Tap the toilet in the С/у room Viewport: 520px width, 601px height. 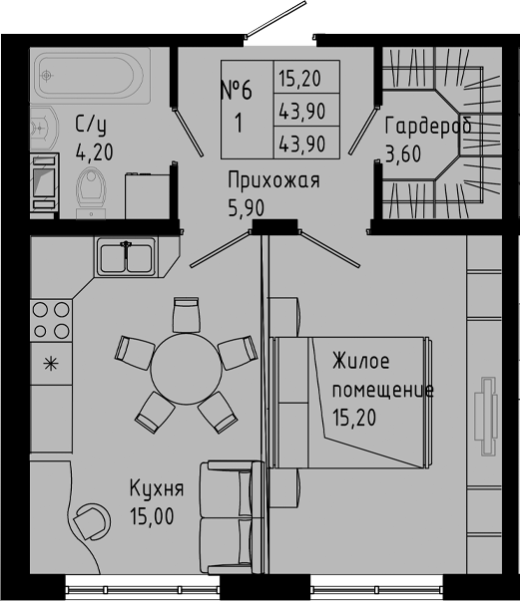(x=93, y=186)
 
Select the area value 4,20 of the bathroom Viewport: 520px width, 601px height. (x=95, y=153)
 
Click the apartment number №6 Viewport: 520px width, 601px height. (x=236, y=91)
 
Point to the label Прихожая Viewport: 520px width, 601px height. (x=272, y=180)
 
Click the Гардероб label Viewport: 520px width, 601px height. (x=427, y=127)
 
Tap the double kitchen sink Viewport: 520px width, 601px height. (x=126, y=256)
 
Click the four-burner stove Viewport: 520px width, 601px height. (x=51, y=320)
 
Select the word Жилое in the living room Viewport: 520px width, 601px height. (x=361, y=361)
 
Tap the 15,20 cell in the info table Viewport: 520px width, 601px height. (x=298, y=78)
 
